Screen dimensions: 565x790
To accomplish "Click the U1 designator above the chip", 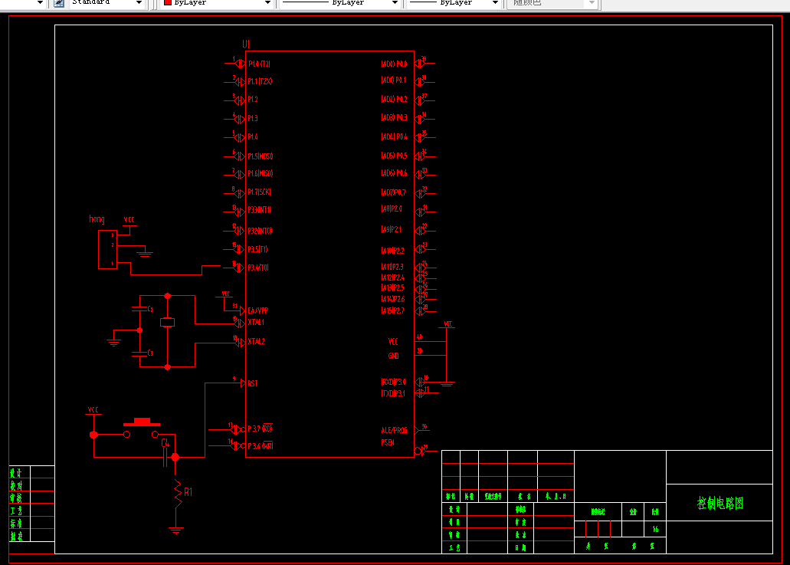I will pyautogui.click(x=246, y=44).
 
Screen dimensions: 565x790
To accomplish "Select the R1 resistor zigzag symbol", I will pyautogui.click(x=177, y=493).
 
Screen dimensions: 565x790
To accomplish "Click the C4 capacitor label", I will pyautogui.click(x=165, y=442).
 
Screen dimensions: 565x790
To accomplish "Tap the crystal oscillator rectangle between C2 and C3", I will pyautogui.click(x=168, y=323).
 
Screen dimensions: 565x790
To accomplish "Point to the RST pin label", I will pyautogui.click(x=253, y=383).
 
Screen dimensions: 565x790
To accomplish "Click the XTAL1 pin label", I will pyautogui.click(x=256, y=322).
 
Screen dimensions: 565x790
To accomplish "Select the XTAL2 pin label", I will pyautogui.click(x=256, y=341).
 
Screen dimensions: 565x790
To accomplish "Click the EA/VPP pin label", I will pyautogui.click(x=257, y=310).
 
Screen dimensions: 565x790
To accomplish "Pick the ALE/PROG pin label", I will pyautogui.click(x=394, y=430).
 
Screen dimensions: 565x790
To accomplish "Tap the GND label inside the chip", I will pyautogui.click(x=393, y=356).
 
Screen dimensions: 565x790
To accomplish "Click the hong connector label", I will pyautogui.click(x=97, y=219).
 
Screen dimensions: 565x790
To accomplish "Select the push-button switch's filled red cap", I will pyautogui.click(x=142, y=421).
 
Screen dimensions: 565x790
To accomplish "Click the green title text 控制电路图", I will pyautogui.click(x=720, y=504).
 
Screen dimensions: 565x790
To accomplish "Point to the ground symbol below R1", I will pyautogui.click(x=177, y=530).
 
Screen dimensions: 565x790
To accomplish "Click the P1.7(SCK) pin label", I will pyautogui.click(x=260, y=192).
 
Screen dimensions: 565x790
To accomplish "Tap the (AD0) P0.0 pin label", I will pyautogui.click(x=394, y=64).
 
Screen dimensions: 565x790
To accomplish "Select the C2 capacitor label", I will pyautogui.click(x=150, y=309).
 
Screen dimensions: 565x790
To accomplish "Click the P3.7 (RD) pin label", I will pyautogui.click(x=261, y=428).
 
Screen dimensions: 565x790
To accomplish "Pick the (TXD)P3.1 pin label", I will pyautogui.click(x=393, y=393).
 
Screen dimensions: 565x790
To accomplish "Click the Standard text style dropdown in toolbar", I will pyautogui.click(x=107, y=3).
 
